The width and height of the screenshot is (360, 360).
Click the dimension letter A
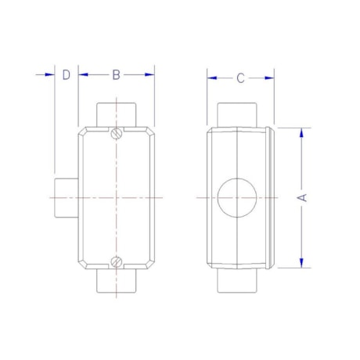302,197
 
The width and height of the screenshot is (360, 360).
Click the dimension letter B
116,75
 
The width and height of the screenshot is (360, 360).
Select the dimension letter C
240,77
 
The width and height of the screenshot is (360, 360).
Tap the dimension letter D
67,75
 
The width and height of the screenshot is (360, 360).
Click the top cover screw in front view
117,133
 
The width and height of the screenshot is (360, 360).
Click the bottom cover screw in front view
117,261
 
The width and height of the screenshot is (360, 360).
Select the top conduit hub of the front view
117,113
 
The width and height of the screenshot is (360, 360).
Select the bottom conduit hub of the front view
117,282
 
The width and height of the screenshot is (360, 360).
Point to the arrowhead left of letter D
49,75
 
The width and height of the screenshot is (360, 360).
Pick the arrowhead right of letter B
149,75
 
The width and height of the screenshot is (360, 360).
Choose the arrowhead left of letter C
212,77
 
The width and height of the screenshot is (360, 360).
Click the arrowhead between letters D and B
83,75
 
